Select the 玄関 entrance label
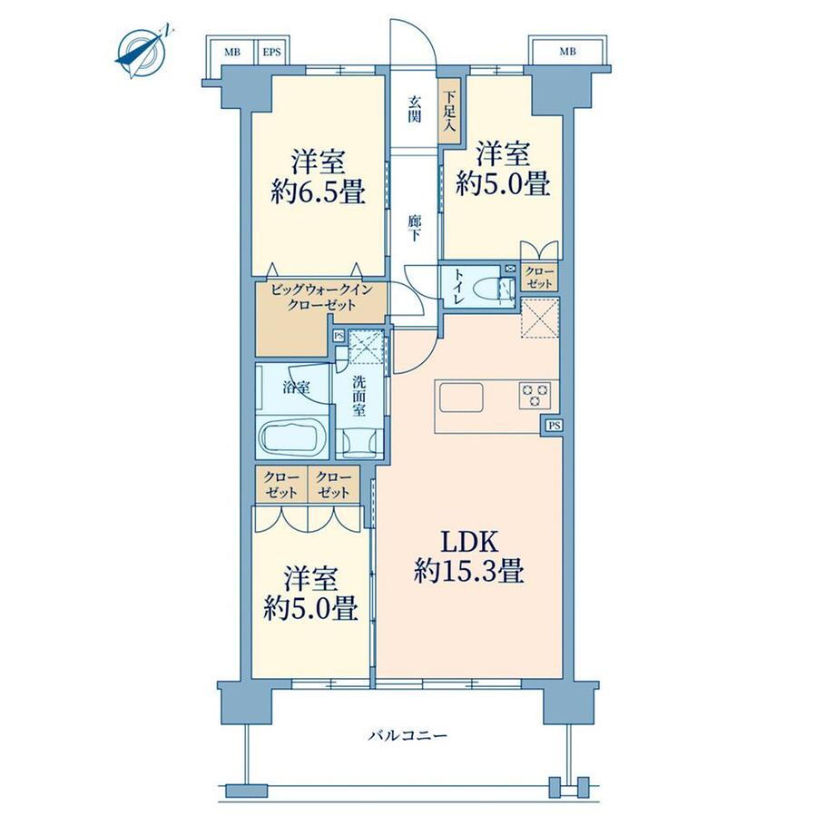click(x=414, y=109)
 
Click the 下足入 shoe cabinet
click(x=450, y=111)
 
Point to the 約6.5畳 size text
click(x=318, y=192)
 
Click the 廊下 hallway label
click(x=414, y=228)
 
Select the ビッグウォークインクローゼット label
click(x=320, y=298)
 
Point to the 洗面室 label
click(x=359, y=396)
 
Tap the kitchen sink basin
click(x=461, y=397)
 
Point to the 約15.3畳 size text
click(x=469, y=572)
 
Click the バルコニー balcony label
click(x=408, y=736)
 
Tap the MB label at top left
click(x=232, y=53)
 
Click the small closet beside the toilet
click(x=539, y=278)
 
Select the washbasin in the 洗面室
click(x=359, y=443)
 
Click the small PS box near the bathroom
click(x=339, y=336)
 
